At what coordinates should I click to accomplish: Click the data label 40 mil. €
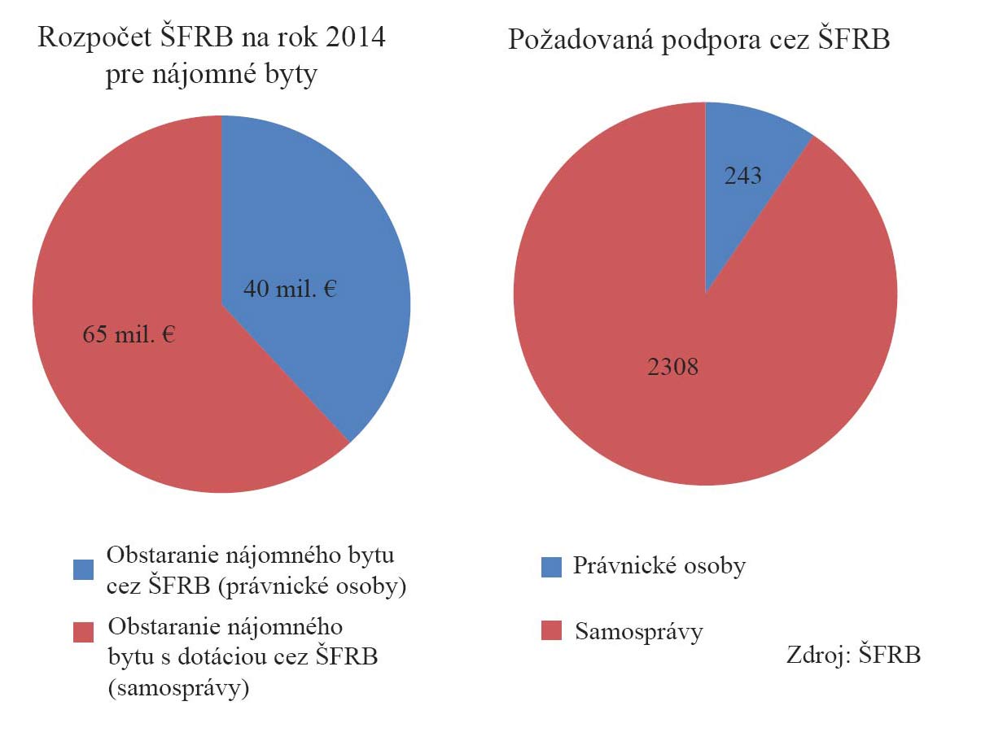pos(290,289)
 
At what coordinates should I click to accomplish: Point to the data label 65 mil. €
pos(129,334)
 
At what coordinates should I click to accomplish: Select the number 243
pos(742,175)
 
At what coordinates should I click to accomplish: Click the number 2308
pos(673,368)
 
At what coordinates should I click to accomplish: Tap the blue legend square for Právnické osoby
pos(551,567)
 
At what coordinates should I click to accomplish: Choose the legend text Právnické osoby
pos(659,567)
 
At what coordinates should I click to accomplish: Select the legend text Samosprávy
pos(638,632)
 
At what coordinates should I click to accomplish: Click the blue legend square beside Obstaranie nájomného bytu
pos(83,569)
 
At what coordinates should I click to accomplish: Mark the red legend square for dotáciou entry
pos(83,632)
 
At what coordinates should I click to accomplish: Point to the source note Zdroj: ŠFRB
pos(853,656)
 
